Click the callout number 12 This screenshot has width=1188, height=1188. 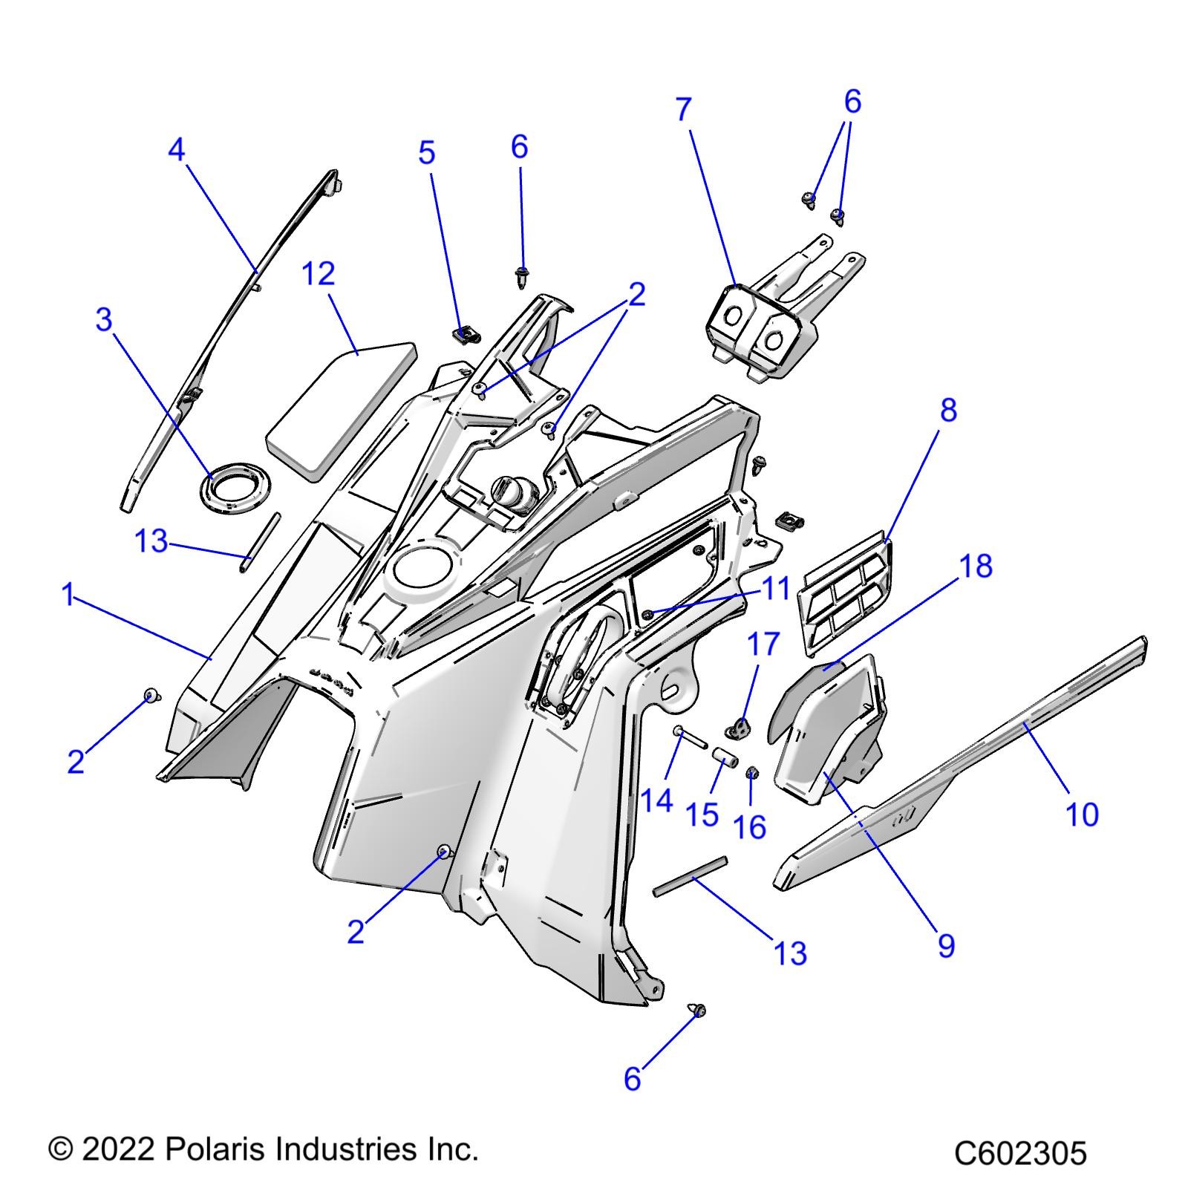(x=319, y=275)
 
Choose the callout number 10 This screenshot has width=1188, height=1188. (x=1082, y=815)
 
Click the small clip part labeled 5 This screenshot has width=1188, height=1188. (x=463, y=334)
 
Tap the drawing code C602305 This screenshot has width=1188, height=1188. (x=1020, y=1154)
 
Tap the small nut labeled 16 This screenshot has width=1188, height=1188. (x=751, y=774)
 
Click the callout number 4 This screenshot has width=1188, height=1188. (x=176, y=151)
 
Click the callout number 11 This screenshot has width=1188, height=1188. (x=775, y=589)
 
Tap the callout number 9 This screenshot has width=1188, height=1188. (x=946, y=946)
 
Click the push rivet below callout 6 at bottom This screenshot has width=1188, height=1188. (x=698, y=1011)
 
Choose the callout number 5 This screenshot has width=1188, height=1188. (x=426, y=153)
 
